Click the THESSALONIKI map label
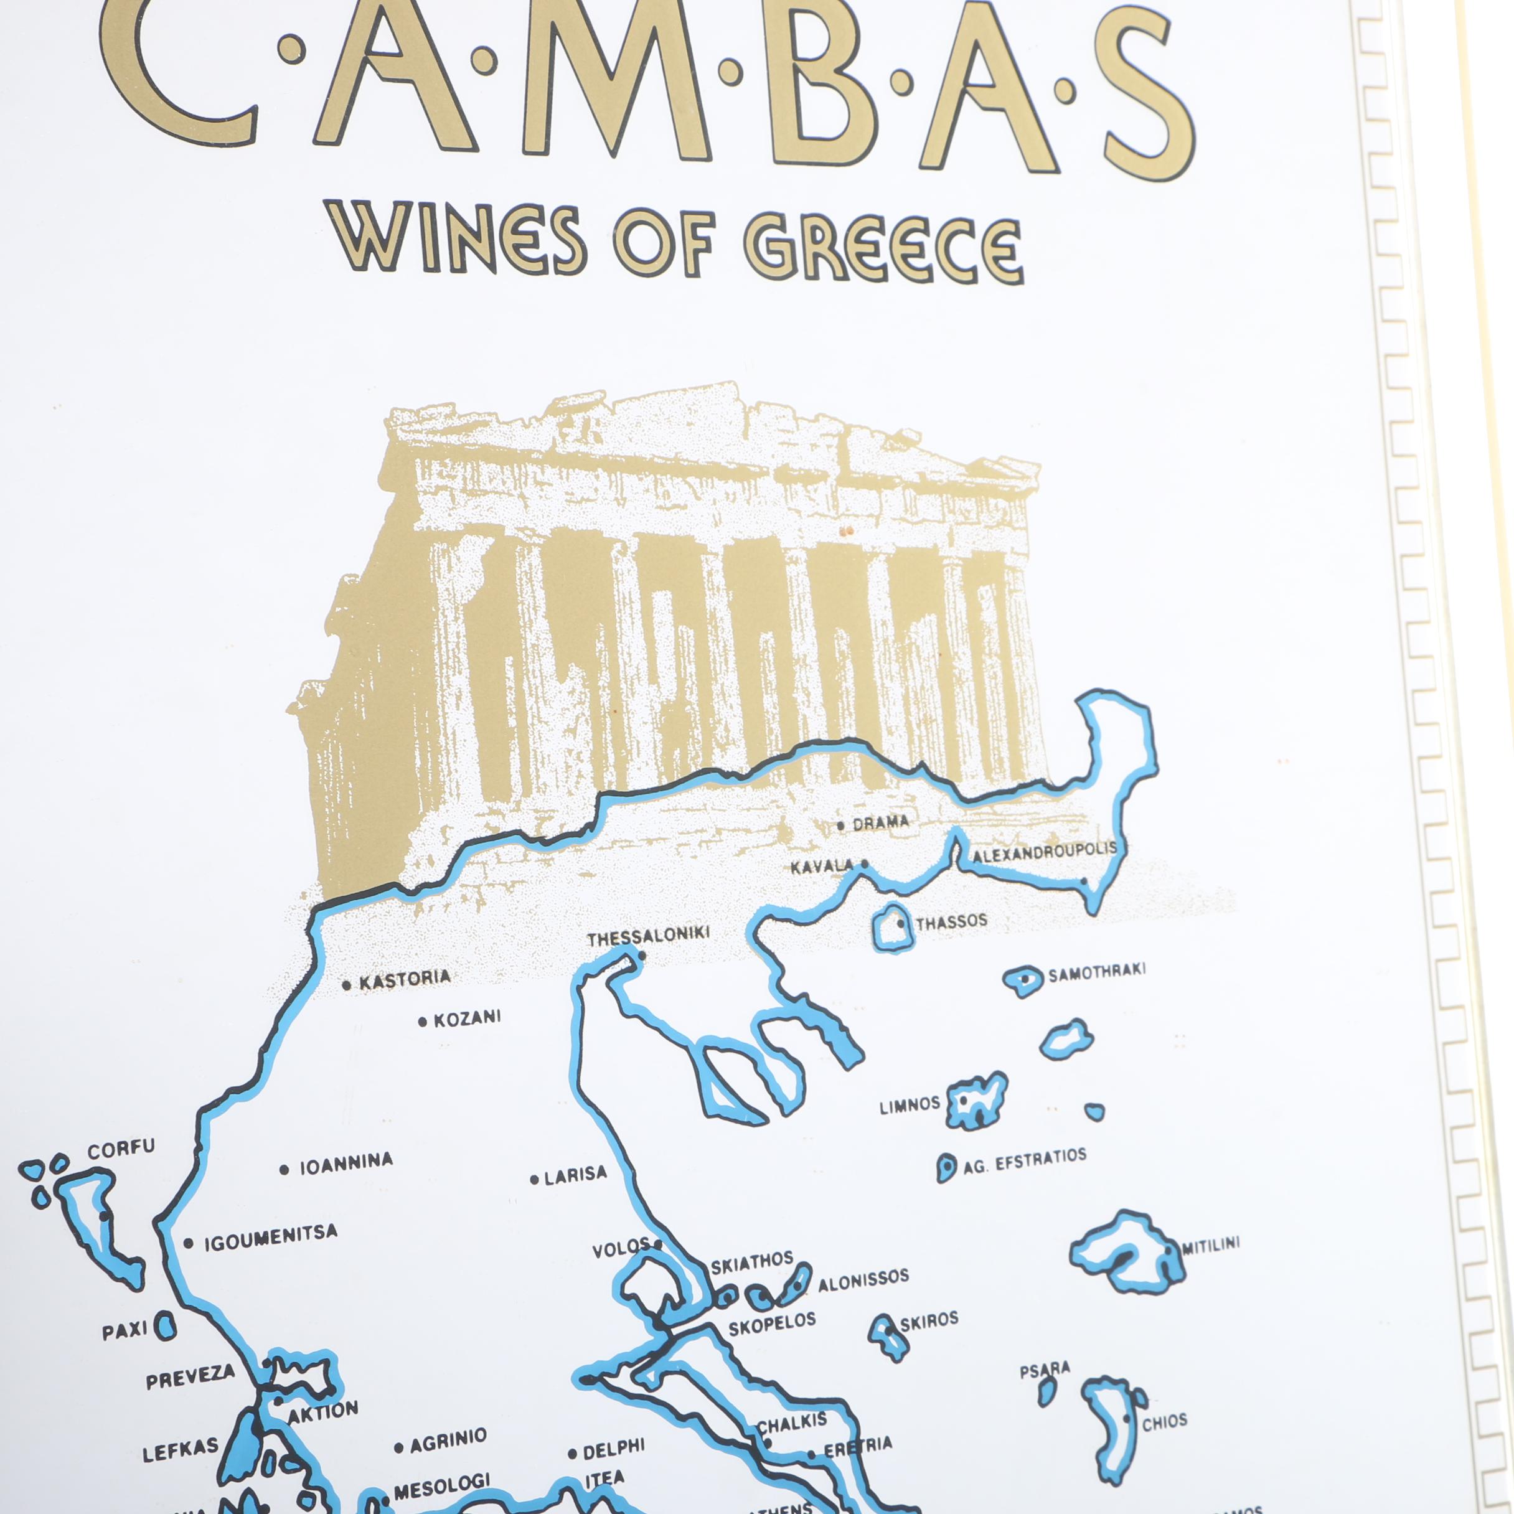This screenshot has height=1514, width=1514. (648, 936)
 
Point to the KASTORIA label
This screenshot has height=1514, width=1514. (405, 979)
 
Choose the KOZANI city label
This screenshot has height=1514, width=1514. (467, 1018)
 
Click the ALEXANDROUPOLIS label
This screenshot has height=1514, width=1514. (1045, 853)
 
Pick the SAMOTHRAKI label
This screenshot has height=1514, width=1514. (1096, 971)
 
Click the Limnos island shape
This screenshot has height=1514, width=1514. (976, 1101)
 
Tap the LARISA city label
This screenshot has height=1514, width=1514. (575, 1174)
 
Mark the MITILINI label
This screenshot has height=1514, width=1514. (1211, 1245)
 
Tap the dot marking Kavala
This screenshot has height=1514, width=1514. (865, 864)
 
